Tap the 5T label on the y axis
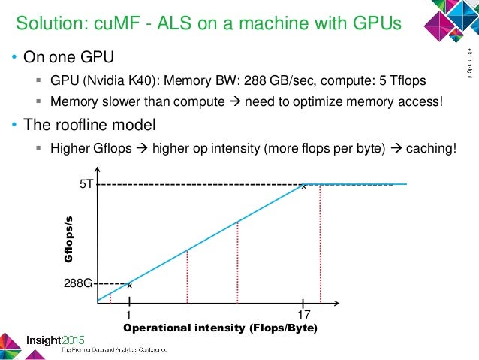tap(86, 183)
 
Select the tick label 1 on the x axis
tap(129, 315)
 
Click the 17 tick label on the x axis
tap(304, 315)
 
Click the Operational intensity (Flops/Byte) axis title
tap(220, 329)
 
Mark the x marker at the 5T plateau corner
tap(303, 186)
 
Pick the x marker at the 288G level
tap(129, 286)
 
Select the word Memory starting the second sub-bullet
tap(73, 101)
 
